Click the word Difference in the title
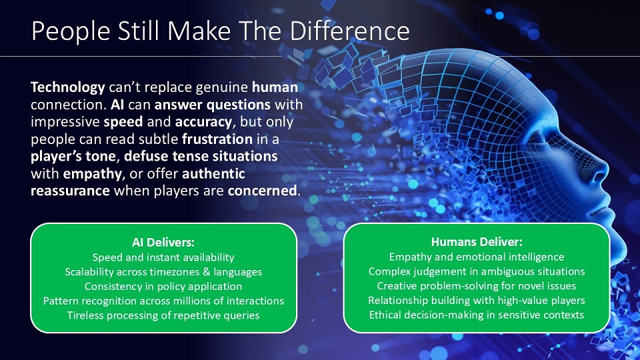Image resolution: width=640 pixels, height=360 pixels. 349,31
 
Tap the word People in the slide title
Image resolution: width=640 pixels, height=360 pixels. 71,32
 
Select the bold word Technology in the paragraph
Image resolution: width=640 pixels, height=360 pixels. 68,88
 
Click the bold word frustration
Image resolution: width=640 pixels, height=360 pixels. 217,139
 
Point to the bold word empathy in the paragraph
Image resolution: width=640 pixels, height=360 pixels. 92,174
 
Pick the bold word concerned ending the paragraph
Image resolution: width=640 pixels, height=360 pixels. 262,191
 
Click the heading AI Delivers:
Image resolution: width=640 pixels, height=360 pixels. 163,243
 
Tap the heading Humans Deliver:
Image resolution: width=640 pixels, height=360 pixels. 477,242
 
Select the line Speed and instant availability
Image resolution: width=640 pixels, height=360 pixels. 163,257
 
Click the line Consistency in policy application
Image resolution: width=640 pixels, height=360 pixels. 163,287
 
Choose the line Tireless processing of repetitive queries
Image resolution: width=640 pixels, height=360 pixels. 163,315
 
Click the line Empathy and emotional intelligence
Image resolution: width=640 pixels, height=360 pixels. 477,257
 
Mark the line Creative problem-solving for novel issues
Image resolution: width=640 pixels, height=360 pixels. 477,286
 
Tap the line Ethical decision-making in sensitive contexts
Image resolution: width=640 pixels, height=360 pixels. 477,315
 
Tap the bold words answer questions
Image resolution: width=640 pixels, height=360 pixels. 212,105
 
